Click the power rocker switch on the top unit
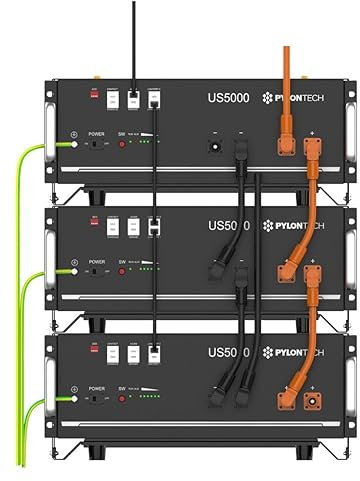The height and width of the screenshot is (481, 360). click(95, 144)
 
